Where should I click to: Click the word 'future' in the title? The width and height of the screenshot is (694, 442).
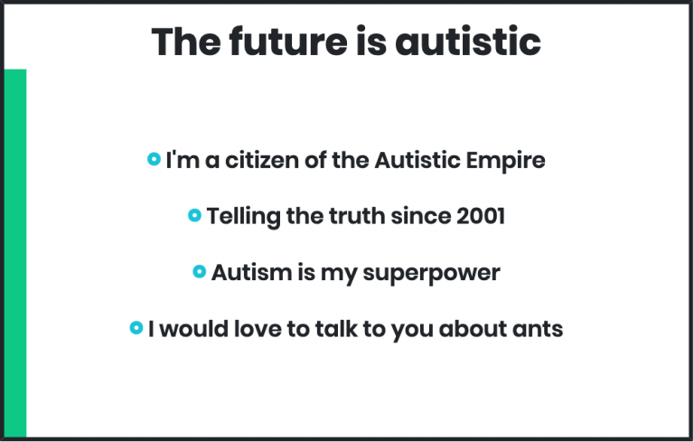tap(288, 42)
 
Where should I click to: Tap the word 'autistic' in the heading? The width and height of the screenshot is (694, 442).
tap(468, 42)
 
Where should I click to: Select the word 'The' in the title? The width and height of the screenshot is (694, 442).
tap(186, 42)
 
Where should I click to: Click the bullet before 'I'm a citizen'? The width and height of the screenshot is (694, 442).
tap(154, 159)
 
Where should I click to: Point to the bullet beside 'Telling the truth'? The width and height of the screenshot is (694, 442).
tap(194, 215)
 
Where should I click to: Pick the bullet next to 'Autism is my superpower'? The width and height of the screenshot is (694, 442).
tap(199, 271)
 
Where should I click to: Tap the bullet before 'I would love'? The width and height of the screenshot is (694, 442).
tap(136, 328)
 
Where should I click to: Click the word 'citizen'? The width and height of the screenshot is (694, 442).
tap(262, 160)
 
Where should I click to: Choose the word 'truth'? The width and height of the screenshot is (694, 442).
tap(357, 216)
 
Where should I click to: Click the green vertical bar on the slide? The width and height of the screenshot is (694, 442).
tap(15, 253)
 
